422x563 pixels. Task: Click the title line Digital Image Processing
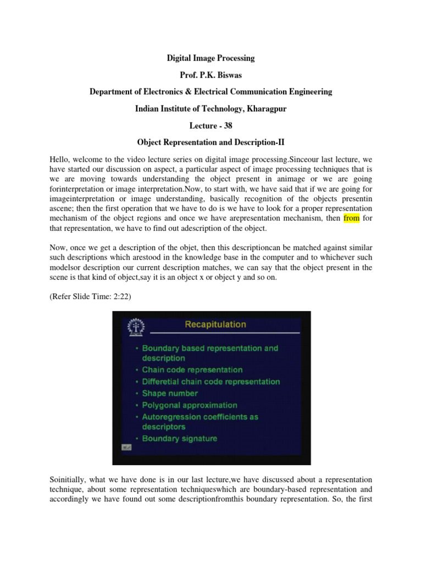tap(211, 57)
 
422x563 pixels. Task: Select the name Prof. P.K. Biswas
tap(211, 74)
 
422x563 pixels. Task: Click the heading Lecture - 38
tap(211, 126)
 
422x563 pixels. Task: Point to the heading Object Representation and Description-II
tap(211, 143)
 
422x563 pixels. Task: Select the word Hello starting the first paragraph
tap(59, 159)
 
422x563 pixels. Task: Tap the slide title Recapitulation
tap(215, 324)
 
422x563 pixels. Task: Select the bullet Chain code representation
tap(192, 369)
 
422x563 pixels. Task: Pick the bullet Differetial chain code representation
tap(210, 382)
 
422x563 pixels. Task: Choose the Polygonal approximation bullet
tap(190, 405)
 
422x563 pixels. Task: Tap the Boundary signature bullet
tap(179, 438)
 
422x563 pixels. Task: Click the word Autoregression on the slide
tap(169, 417)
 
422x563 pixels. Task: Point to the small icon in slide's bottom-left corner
tap(126, 447)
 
